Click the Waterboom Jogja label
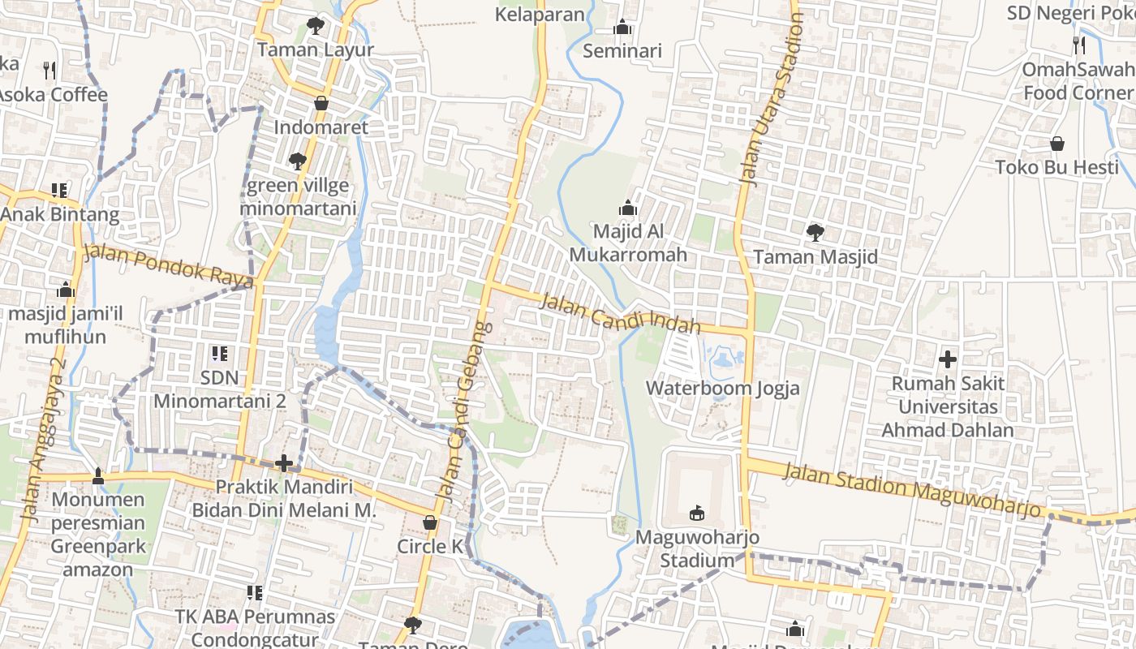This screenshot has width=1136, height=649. click(x=722, y=388)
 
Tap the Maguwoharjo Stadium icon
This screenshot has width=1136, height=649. click(x=696, y=513)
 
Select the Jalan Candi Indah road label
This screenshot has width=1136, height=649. click(x=620, y=313)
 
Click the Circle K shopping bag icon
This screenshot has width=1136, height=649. click(x=430, y=522)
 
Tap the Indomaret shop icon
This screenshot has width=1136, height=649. click(x=321, y=103)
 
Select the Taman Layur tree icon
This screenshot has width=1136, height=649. click(x=315, y=26)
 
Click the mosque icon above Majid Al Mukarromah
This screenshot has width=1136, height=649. click(x=628, y=208)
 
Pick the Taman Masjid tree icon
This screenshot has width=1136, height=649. click(x=815, y=233)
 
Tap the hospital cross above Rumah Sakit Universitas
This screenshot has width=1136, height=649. click(x=947, y=359)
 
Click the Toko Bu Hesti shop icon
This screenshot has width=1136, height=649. click(x=1057, y=144)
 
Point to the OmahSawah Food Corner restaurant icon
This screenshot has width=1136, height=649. click(x=1078, y=45)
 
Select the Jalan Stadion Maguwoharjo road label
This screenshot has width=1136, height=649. click(x=912, y=488)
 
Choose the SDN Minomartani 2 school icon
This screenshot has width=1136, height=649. click(x=219, y=354)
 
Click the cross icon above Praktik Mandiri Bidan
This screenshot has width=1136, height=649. click(x=283, y=463)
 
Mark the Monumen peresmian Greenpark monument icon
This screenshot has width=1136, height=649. click(x=98, y=475)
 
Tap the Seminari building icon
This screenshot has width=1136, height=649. click(x=622, y=27)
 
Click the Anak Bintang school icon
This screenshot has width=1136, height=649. click(x=59, y=191)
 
